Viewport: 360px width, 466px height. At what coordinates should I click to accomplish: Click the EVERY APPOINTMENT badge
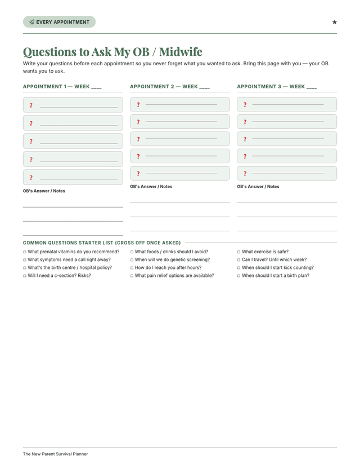tap(59, 22)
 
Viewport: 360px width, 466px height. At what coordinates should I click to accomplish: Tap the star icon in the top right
tap(334, 22)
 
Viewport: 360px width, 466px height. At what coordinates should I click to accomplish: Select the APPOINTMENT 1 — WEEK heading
tap(62, 87)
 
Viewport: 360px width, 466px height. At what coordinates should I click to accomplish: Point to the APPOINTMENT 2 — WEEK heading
tap(169, 87)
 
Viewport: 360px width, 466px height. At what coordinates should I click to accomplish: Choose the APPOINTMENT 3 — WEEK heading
tap(277, 87)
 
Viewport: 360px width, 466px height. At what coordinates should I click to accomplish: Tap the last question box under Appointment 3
tap(286, 173)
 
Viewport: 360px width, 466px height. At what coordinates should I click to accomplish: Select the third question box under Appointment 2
tap(179, 139)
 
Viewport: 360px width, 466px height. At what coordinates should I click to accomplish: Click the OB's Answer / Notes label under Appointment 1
tap(44, 191)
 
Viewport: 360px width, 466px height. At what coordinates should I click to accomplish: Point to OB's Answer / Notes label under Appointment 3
tap(258, 186)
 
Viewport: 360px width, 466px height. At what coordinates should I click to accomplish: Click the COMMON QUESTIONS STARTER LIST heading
tap(102, 243)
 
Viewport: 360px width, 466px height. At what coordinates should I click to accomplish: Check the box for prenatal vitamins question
tap(25, 252)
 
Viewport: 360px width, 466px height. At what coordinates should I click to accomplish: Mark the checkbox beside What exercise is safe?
tap(239, 252)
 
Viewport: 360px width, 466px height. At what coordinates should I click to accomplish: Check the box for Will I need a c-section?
tap(25, 276)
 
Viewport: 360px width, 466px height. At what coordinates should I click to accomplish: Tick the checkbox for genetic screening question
tap(132, 260)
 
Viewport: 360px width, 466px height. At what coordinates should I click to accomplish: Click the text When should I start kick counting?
tap(277, 268)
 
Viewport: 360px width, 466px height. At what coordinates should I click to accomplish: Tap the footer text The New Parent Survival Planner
tap(55, 454)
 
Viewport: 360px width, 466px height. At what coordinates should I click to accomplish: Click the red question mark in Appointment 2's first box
tap(138, 105)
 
